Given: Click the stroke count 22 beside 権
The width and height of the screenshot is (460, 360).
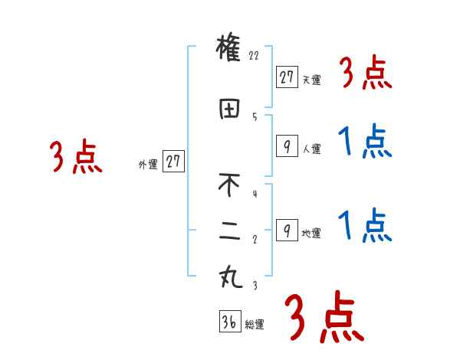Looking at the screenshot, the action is pyautogui.click(x=255, y=56).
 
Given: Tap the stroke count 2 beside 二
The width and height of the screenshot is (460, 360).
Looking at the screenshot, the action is pyautogui.click(x=254, y=238).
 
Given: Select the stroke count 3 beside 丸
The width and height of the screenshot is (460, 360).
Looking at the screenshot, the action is pyautogui.click(x=254, y=285).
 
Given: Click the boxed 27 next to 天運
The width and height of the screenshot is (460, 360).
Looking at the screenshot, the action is pyautogui.click(x=287, y=76).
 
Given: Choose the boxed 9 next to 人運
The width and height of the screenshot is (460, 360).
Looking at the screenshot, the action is pyautogui.click(x=286, y=146).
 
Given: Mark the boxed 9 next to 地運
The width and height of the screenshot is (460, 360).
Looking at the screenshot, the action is pyautogui.click(x=286, y=230).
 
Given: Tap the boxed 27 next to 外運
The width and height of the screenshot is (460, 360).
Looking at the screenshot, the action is pyautogui.click(x=173, y=162).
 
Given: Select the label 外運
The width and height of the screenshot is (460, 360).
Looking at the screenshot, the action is pyautogui.click(x=148, y=165).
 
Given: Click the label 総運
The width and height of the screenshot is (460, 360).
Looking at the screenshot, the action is pyautogui.click(x=255, y=325).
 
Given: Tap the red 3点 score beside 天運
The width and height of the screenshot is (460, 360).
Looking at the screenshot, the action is pyautogui.click(x=365, y=75).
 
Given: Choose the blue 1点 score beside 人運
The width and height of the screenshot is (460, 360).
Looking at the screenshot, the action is pyautogui.click(x=365, y=142).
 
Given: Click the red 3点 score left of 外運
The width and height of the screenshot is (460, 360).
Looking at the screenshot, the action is pyautogui.click(x=75, y=159).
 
